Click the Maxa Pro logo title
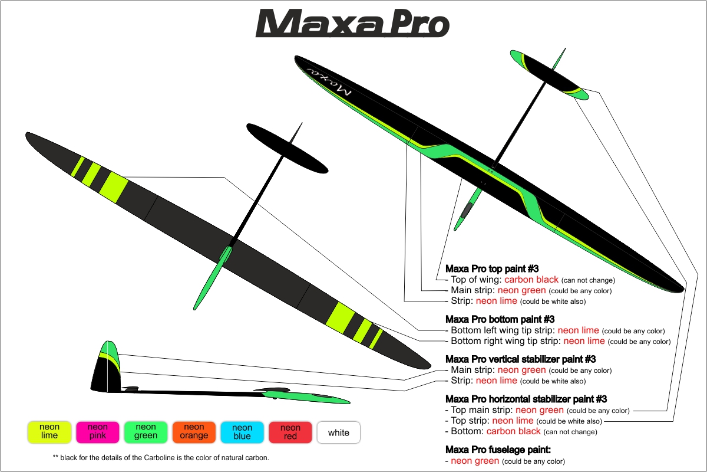(x=352, y=23)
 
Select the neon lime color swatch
(x=49, y=432)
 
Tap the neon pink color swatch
(x=98, y=432)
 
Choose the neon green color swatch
(x=146, y=432)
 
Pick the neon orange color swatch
(x=194, y=432)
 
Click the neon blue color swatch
(x=242, y=432)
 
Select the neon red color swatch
(x=290, y=432)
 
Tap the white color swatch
(x=339, y=432)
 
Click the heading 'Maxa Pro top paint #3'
(x=492, y=268)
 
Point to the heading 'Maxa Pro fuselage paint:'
(x=498, y=450)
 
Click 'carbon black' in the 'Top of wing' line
(x=531, y=280)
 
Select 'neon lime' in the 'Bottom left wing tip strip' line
(x=578, y=330)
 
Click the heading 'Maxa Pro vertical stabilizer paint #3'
(x=520, y=359)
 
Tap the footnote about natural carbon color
(x=161, y=457)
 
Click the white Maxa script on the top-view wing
(x=329, y=81)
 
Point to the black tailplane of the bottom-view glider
(x=287, y=148)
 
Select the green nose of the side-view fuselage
(x=306, y=397)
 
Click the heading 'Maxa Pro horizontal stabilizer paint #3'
(x=526, y=399)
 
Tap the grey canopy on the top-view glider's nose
(x=467, y=210)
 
